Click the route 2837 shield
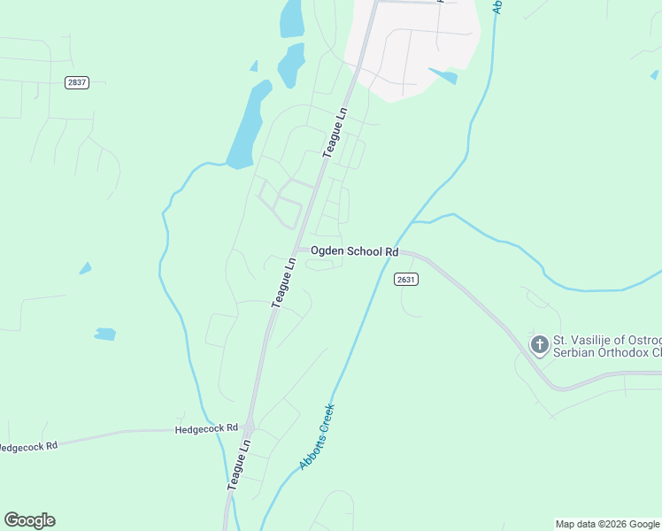[77, 82]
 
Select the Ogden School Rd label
[354, 251]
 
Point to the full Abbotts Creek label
[317, 437]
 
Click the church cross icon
[538, 344]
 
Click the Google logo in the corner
[29, 520]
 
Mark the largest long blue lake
[248, 124]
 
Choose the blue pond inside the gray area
[443, 75]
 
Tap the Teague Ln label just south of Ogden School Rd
[283, 281]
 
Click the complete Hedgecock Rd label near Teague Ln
[207, 428]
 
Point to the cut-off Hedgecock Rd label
[28, 446]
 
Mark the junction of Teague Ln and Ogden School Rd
[298, 249]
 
